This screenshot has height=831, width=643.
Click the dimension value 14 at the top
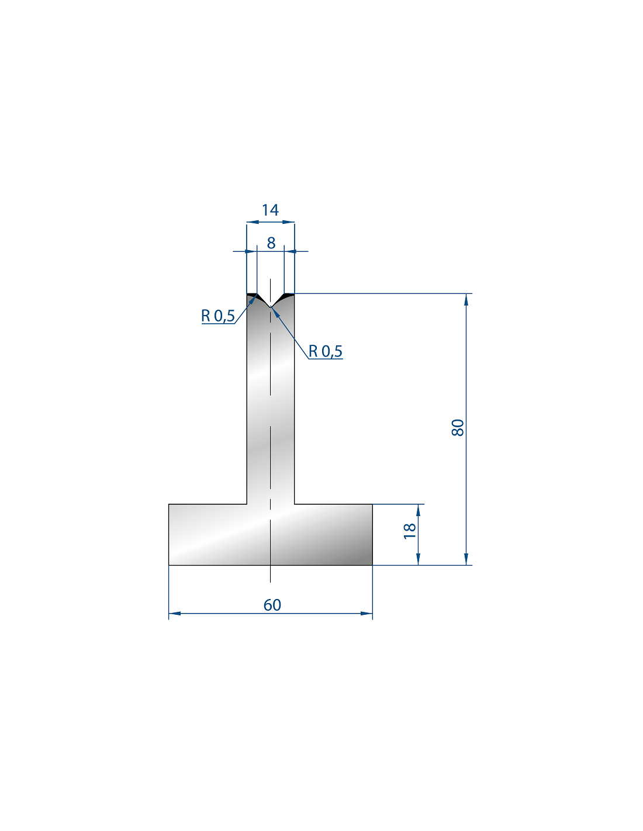(270, 210)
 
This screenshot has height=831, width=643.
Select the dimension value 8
(271, 243)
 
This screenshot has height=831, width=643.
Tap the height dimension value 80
(458, 428)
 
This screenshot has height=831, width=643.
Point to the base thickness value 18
(410, 531)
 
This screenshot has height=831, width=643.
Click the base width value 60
(272, 605)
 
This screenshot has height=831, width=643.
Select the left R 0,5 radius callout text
(217, 316)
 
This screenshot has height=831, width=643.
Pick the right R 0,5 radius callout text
(325, 351)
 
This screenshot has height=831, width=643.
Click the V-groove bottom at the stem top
(271, 307)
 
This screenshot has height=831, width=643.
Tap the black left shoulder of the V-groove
(253, 296)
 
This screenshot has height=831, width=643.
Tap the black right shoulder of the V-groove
(288, 296)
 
